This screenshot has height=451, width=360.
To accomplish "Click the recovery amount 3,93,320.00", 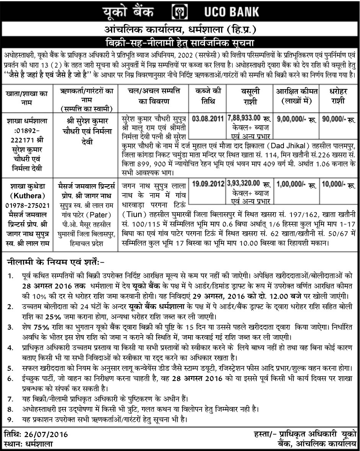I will (244, 184).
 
